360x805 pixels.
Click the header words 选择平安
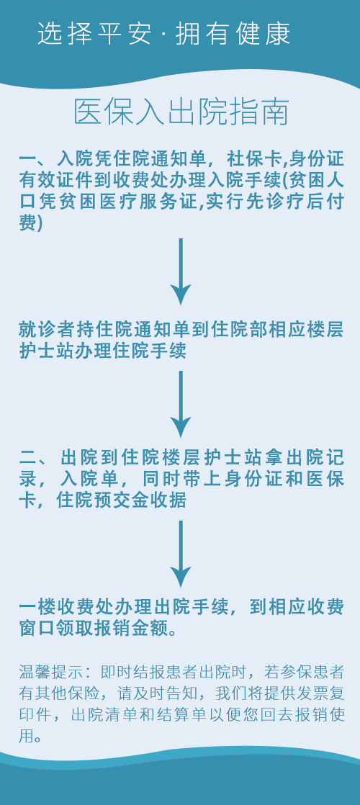(95, 33)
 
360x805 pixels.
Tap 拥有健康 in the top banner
(234, 33)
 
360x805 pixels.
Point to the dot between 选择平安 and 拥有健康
(164, 34)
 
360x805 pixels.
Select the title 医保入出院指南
(181, 112)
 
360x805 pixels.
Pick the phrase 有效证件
(51, 180)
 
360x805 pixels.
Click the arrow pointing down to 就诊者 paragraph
(181, 271)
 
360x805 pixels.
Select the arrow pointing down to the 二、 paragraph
(181, 404)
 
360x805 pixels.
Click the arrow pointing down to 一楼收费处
(181, 554)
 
